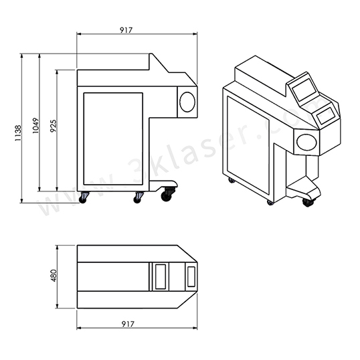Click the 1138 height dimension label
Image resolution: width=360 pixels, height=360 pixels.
coord(18,133)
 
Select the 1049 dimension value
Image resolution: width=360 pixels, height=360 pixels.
coord(35,126)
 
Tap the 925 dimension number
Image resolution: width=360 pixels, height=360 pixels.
coord(54,126)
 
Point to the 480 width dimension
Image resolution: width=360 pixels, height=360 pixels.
coord(54,276)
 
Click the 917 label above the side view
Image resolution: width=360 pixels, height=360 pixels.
coord(126,30)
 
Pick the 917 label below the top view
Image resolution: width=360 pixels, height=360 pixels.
coord(128,324)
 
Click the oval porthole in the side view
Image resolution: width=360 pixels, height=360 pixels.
coord(187,102)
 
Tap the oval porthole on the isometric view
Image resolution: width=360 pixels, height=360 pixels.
coord(306,142)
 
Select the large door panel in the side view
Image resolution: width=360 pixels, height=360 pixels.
coord(113,139)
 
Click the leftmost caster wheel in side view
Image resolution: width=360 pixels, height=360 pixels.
coord(83,198)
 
